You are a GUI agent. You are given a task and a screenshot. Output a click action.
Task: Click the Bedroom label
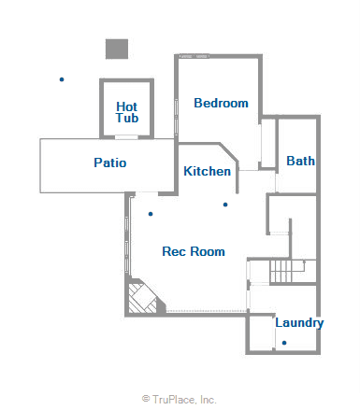[x=222, y=103]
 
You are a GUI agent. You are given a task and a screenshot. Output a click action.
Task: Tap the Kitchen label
[x=207, y=171]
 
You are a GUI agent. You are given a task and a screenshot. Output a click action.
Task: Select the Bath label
[x=300, y=161]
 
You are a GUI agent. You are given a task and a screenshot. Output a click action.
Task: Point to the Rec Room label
[x=194, y=251]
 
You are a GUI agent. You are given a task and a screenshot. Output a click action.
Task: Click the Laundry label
[x=299, y=323]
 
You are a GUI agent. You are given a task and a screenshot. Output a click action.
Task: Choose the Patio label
[x=110, y=163]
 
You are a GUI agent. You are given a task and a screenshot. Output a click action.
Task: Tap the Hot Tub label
[x=127, y=113]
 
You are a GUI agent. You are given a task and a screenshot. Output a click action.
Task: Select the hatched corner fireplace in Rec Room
[x=145, y=298]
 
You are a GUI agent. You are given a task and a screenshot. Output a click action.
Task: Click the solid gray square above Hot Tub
[x=116, y=49]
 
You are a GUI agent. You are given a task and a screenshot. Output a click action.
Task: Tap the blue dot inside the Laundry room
[x=283, y=343]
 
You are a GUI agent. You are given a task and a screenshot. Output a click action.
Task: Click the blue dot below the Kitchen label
[x=225, y=204]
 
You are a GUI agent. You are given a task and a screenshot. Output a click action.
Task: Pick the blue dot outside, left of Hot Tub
[x=62, y=79]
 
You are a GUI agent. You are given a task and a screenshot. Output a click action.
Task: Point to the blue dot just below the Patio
[x=151, y=214]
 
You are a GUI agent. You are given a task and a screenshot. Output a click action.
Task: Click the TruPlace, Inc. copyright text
[x=184, y=399]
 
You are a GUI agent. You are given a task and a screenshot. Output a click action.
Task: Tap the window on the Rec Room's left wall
[x=128, y=238]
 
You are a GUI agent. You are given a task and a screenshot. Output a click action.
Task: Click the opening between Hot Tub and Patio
[x=127, y=137]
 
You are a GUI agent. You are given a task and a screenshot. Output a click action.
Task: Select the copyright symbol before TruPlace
[x=146, y=399]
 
